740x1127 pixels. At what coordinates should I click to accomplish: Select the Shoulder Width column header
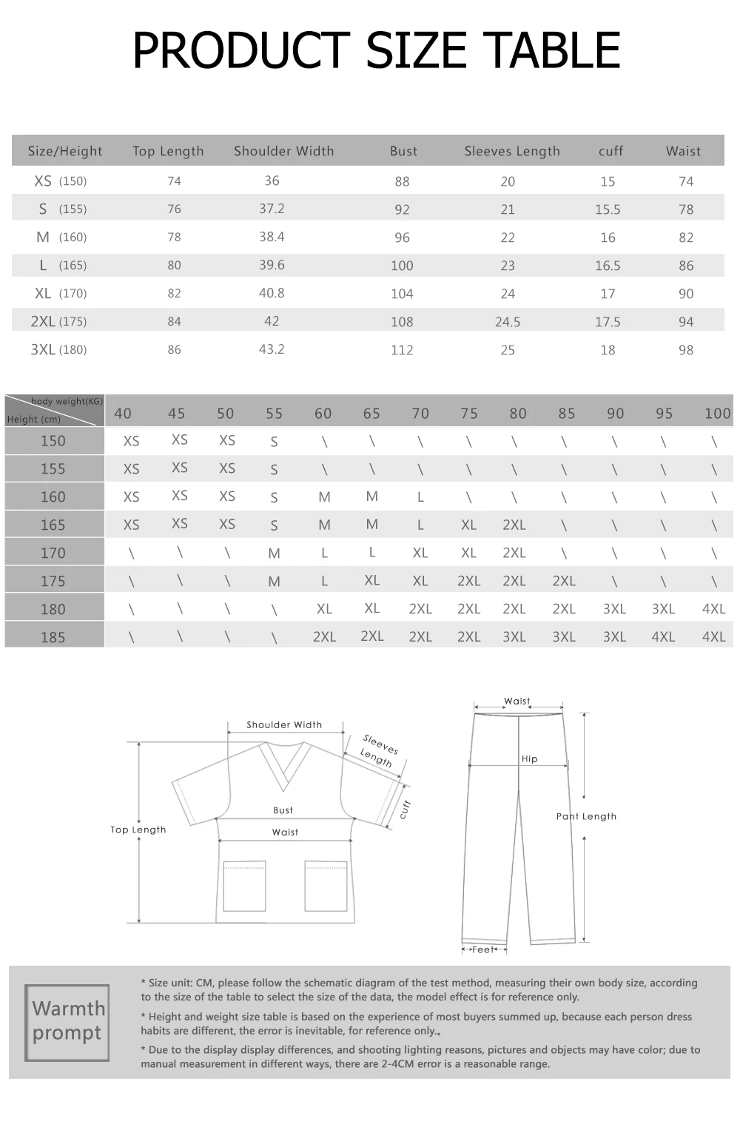[x=283, y=151]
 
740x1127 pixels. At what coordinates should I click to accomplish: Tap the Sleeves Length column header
[x=512, y=152]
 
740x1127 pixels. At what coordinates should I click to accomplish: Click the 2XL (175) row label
[x=58, y=321]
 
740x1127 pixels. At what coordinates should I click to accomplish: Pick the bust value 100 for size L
[x=402, y=266]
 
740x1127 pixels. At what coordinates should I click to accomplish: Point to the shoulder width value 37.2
[x=272, y=209]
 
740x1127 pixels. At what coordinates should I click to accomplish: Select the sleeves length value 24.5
[x=508, y=322]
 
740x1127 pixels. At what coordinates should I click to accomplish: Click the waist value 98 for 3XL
[x=686, y=350]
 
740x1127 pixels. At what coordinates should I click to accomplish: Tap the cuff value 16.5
[x=608, y=266]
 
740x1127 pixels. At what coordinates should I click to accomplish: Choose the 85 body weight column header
[x=566, y=414]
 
